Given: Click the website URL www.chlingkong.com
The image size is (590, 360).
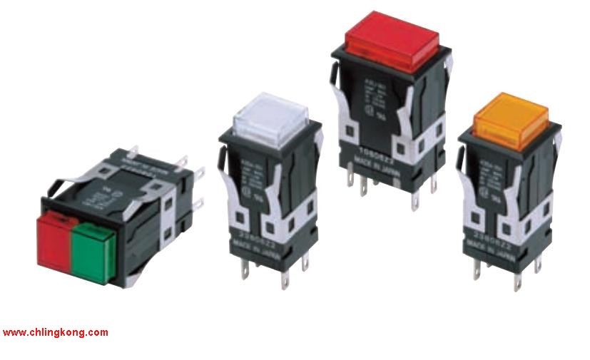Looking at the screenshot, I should coord(55,332).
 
